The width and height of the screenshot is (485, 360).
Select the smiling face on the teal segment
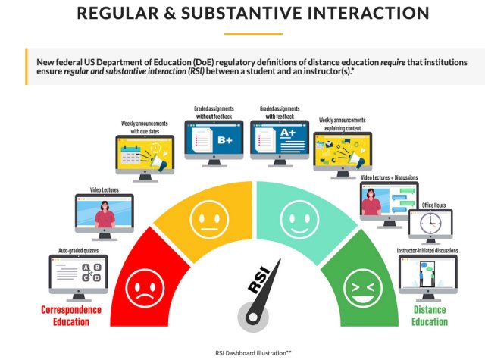click(292, 221)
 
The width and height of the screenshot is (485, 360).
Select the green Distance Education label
click(430, 316)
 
